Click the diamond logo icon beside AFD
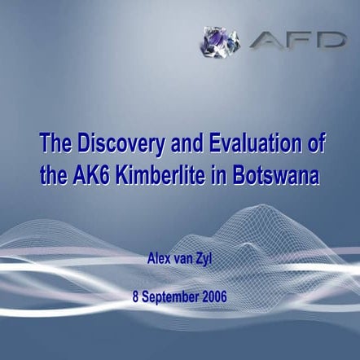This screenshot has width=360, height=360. [220, 41]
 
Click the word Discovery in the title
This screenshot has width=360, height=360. [116, 146]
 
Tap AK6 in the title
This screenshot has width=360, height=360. [87, 175]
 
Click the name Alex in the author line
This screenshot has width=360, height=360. [160, 260]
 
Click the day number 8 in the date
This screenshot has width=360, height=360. [135, 296]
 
